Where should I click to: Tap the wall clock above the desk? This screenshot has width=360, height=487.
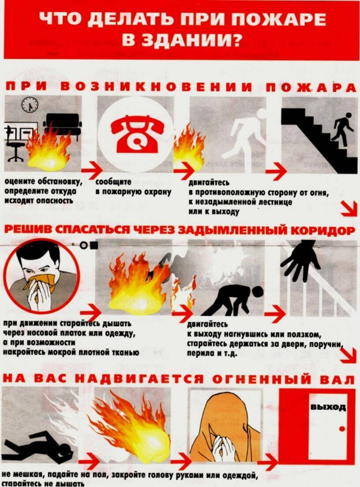pyautogui.click(x=30, y=105)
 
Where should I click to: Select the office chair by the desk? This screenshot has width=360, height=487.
pyautogui.click(x=16, y=146)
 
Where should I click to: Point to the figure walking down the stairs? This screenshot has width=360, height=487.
pyautogui.click(x=342, y=128)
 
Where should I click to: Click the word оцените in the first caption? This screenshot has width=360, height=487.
pyautogui.click(x=19, y=182)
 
